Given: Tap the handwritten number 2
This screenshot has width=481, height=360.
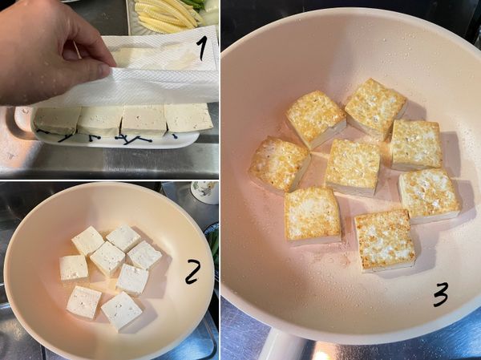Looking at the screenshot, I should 192,273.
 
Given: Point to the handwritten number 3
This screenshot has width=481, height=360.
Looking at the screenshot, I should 440,296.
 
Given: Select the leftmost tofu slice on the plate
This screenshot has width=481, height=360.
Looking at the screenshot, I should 56,119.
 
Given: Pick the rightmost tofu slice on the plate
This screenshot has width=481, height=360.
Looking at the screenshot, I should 188,118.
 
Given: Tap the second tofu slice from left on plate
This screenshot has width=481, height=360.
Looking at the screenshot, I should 100,120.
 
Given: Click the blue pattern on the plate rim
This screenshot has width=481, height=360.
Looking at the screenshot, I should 132,140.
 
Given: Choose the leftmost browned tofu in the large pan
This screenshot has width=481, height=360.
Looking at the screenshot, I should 278,164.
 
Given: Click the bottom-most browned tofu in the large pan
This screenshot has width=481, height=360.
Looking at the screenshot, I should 384,239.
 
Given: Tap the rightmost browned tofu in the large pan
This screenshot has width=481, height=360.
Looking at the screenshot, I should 430,194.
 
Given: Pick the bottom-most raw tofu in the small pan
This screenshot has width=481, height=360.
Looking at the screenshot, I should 122,310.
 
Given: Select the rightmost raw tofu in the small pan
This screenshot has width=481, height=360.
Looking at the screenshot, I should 145,255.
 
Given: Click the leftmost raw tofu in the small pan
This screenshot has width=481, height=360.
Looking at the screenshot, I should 74,267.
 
